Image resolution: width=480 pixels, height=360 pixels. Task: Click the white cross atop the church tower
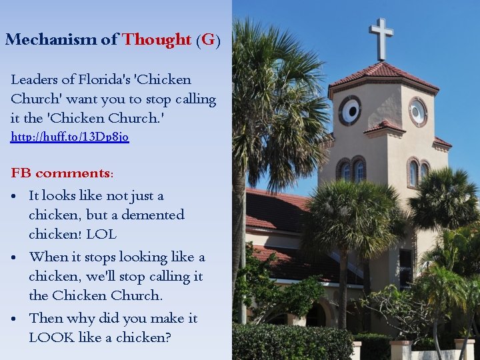pos(381,38)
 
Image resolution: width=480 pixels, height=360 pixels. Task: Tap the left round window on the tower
pos(350,110)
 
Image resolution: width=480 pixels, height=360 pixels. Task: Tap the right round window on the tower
pos(418,112)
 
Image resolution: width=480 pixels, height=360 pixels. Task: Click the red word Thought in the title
pos(157,39)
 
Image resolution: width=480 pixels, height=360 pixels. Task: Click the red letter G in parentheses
pos(208,39)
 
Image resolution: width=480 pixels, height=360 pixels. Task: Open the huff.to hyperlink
pos(70,137)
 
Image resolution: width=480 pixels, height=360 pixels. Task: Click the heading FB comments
pos(62,173)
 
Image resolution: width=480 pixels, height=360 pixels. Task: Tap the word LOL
pos(101,235)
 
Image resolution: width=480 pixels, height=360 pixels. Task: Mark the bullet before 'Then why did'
pos(15,319)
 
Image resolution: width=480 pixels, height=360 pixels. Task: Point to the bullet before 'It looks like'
pos(15,197)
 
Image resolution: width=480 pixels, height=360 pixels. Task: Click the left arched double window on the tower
pos(351,171)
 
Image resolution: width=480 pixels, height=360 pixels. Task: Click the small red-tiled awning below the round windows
pos(385,126)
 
